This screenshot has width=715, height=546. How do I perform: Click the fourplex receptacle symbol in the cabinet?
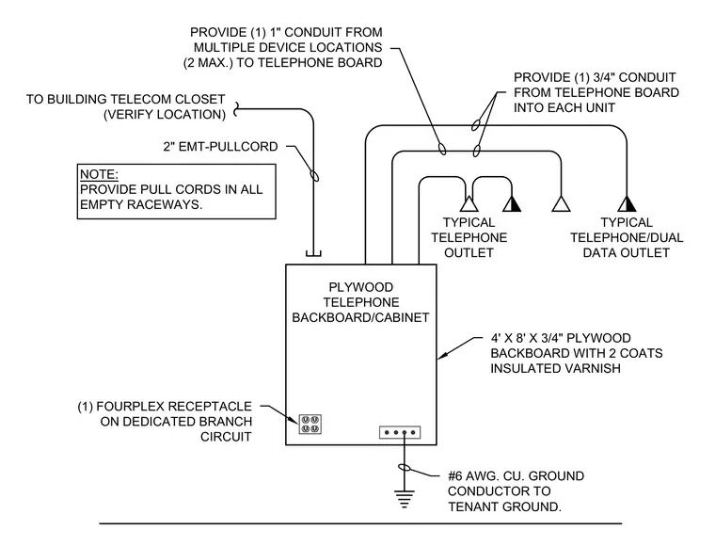[310, 425]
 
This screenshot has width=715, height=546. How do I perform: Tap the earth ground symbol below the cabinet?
[404, 499]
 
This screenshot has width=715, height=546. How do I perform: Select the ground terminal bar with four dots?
[400, 432]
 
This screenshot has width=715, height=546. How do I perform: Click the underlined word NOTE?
[99, 174]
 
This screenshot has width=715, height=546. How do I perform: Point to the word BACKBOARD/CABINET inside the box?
[360, 317]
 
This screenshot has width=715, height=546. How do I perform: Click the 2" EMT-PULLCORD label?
[221, 147]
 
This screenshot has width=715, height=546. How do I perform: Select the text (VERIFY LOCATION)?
[165, 114]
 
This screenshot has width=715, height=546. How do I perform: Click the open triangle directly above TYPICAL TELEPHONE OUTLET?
[469, 204]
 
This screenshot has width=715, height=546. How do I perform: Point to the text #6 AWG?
[473, 475]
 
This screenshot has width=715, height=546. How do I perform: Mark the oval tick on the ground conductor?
[405, 467]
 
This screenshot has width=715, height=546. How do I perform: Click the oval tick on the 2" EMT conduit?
[314, 175]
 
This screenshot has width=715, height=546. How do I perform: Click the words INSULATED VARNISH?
[555, 368]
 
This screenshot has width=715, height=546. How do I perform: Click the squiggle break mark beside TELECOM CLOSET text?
[236, 109]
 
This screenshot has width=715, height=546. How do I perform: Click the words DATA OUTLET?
[626, 252]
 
